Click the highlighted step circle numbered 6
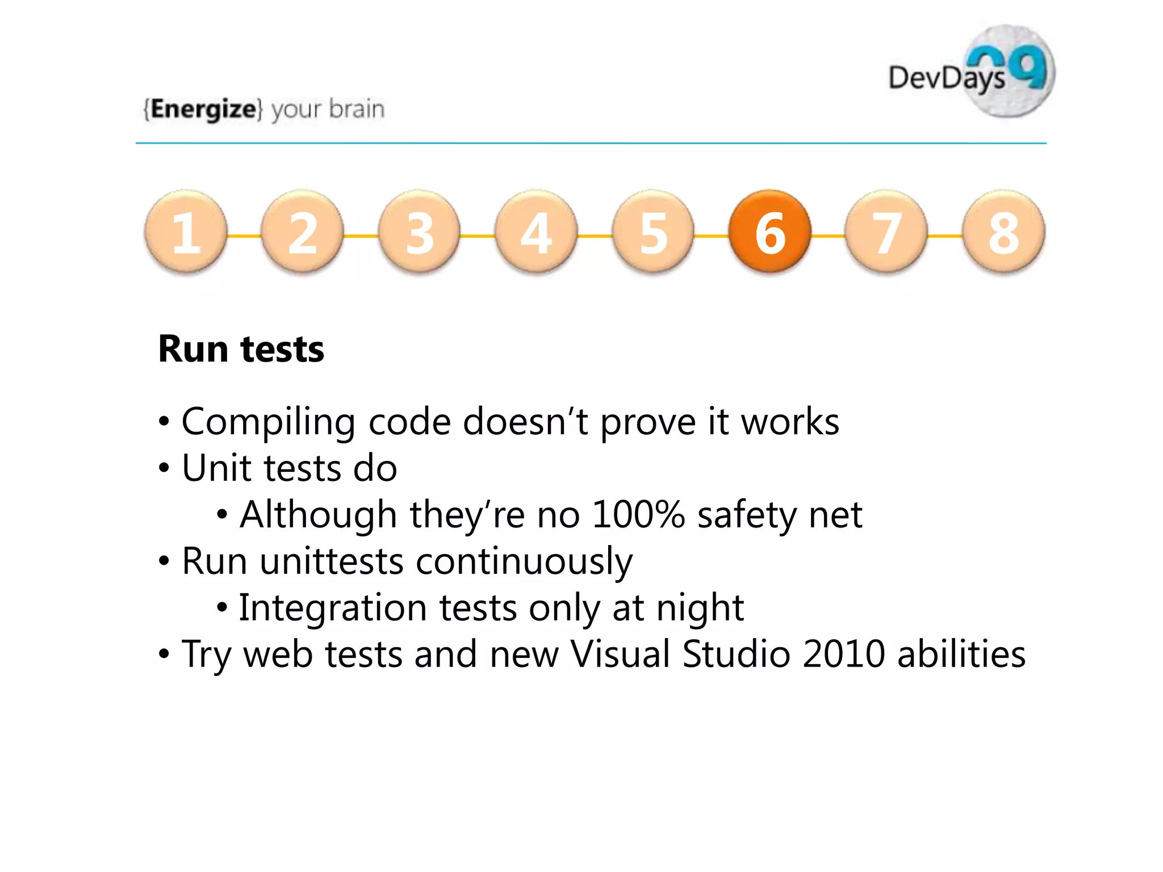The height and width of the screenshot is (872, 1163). click(x=770, y=232)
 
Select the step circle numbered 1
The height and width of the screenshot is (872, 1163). click(x=186, y=232)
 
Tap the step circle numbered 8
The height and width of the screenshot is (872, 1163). click(x=1003, y=232)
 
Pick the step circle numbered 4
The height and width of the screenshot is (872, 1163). click(x=536, y=232)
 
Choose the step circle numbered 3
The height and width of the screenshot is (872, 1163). click(x=419, y=232)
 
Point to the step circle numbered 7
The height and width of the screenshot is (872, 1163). click(x=886, y=232)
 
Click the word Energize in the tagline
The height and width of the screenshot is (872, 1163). click(x=203, y=108)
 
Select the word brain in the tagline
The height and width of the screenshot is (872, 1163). click(x=357, y=108)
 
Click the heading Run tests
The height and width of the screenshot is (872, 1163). click(x=241, y=349)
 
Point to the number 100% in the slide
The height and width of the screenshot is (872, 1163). click(x=638, y=515)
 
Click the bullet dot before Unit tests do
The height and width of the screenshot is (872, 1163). click(x=164, y=469)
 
